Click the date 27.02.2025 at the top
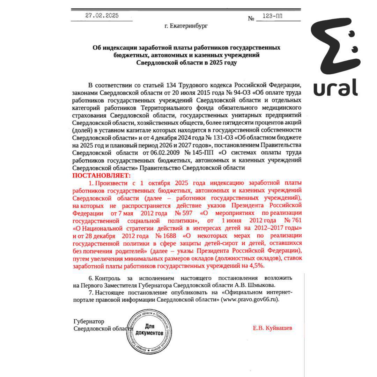pos(102,15)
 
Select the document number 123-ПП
pos(273,16)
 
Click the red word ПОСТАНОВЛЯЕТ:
pos(101,175)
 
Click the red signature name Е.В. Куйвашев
pos(273,328)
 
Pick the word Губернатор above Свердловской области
pos(89,321)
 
